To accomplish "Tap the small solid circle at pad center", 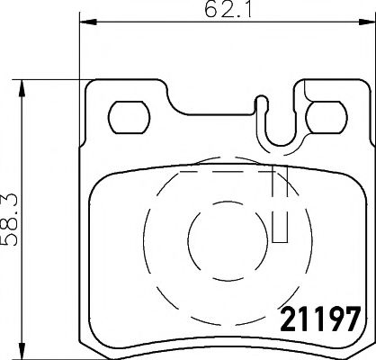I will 211,238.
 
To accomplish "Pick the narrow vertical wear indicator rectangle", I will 280,207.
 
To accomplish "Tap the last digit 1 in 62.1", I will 239,13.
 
